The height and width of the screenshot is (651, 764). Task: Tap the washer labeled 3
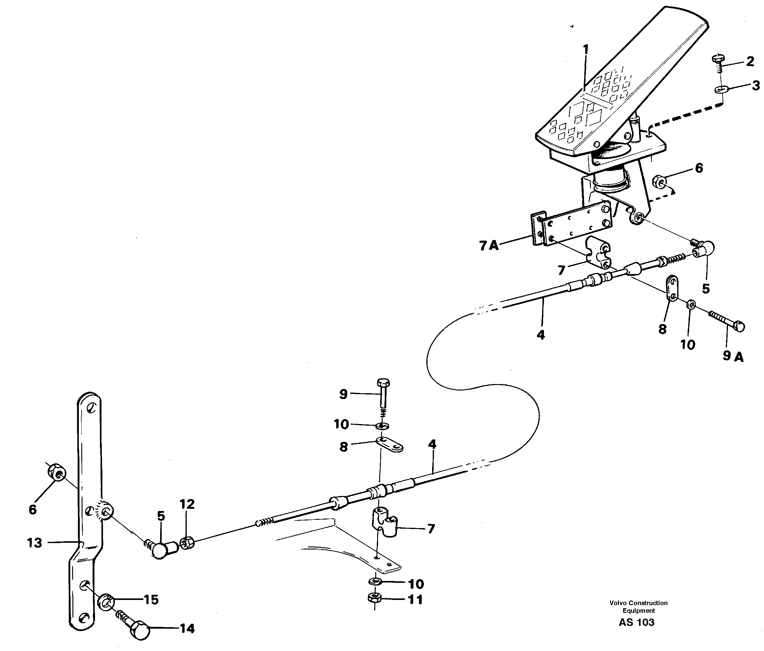click(x=719, y=89)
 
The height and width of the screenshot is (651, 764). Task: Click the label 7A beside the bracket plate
click(x=489, y=245)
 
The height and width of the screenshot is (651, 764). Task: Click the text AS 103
click(x=637, y=622)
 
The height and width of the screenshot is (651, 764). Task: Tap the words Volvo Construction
click(x=638, y=603)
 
